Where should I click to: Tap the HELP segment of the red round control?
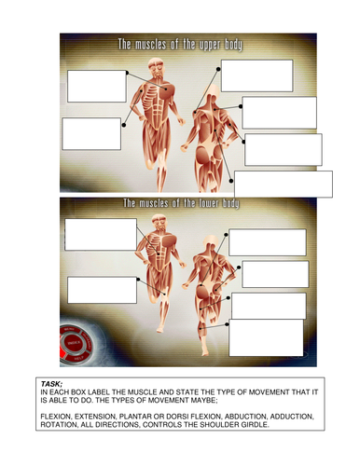[76, 358]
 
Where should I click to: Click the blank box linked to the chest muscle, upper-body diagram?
[97, 87]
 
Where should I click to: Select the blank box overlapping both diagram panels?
[284, 185]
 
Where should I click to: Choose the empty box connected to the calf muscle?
[266, 337]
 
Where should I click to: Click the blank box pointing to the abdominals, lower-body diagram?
[101, 235]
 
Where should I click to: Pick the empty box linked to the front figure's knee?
[103, 290]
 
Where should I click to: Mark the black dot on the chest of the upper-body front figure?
[166, 89]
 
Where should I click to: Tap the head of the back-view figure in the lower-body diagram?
[212, 242]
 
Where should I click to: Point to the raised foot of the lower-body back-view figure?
[204, 351]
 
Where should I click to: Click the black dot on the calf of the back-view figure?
[201, 328]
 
